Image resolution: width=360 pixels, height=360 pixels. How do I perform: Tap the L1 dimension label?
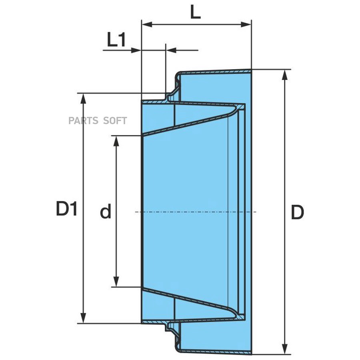[x=116, y=40]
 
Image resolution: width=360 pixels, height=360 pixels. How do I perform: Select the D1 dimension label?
[x=66, y=208]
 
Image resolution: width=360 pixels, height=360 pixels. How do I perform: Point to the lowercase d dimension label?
[x=106, y=211]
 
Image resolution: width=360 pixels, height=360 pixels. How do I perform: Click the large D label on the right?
[x=298, y=212]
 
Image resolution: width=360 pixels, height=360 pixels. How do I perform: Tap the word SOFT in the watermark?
[x=115, y=120]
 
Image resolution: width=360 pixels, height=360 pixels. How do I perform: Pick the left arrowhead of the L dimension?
[x=147, y=24]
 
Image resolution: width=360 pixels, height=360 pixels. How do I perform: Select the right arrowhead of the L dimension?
[x=246, y=24]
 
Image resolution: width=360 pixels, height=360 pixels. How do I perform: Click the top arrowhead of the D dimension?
[x=285, y=75]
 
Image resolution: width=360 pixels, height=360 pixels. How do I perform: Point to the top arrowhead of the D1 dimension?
[x=84, y=99]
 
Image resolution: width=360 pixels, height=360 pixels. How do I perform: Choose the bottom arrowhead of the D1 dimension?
[x=84, y=318]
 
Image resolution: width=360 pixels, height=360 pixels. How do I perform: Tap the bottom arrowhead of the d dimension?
[x=116, y=282]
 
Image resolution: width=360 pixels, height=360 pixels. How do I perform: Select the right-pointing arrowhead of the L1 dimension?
[x=136, y=50]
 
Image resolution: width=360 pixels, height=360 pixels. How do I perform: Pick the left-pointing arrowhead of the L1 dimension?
[x=171, y=50]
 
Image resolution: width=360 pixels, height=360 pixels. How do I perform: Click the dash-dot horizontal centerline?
[x=196, y=212]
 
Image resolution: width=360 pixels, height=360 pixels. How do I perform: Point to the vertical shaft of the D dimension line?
[x=285, y=212]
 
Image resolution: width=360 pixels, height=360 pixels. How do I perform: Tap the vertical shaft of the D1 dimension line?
[x=84, y=208]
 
